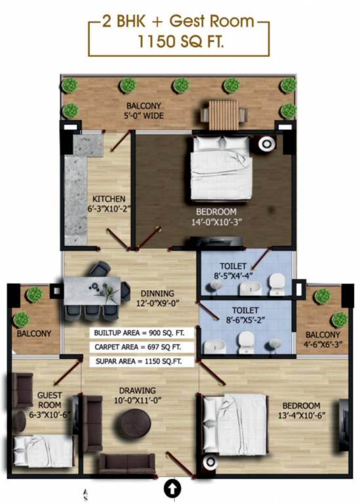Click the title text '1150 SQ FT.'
179,43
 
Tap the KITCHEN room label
108,199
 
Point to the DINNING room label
157,293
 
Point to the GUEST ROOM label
49,400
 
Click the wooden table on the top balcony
221,114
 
